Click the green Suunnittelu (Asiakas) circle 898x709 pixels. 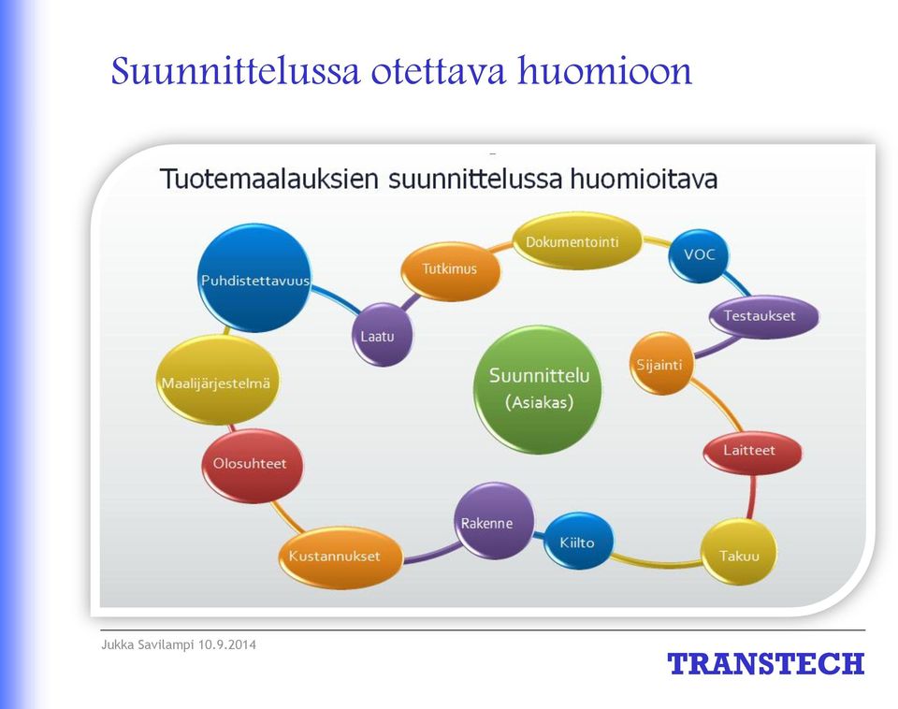click(539, 389)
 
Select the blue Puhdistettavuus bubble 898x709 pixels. click(254, 279)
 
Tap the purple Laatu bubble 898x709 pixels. click(382, 335)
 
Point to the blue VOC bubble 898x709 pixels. click(698, 255)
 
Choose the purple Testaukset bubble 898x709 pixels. click(763, 315)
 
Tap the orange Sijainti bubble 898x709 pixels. click(661, 364)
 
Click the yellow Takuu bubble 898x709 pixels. click(739, 552)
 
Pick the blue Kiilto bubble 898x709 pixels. click(577, 541)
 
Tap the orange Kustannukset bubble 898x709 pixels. click(340, 557)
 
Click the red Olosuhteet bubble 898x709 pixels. click(252, 465)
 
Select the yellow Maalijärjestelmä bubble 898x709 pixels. click(218, 381)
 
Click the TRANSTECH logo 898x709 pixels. click(766, 664)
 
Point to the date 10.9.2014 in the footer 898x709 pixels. click(227, 644)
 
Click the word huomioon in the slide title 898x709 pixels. click(605, 71)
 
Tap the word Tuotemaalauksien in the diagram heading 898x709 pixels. click(269, 179)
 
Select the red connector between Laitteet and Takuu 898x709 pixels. click(752, 497)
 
